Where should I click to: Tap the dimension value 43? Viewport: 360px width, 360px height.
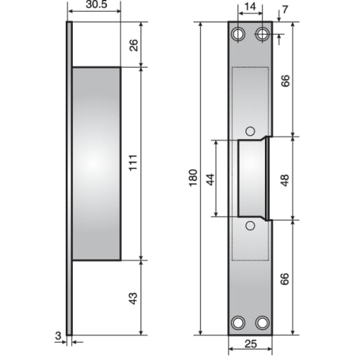(x=134, y=298)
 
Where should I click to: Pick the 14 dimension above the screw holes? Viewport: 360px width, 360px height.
(x=250, y=8)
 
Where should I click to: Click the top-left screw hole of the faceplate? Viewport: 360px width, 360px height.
(x=238, y=34)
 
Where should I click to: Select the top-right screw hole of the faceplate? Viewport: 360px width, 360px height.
(x=262, y=34)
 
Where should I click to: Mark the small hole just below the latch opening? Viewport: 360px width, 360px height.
(x=250, y=225)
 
